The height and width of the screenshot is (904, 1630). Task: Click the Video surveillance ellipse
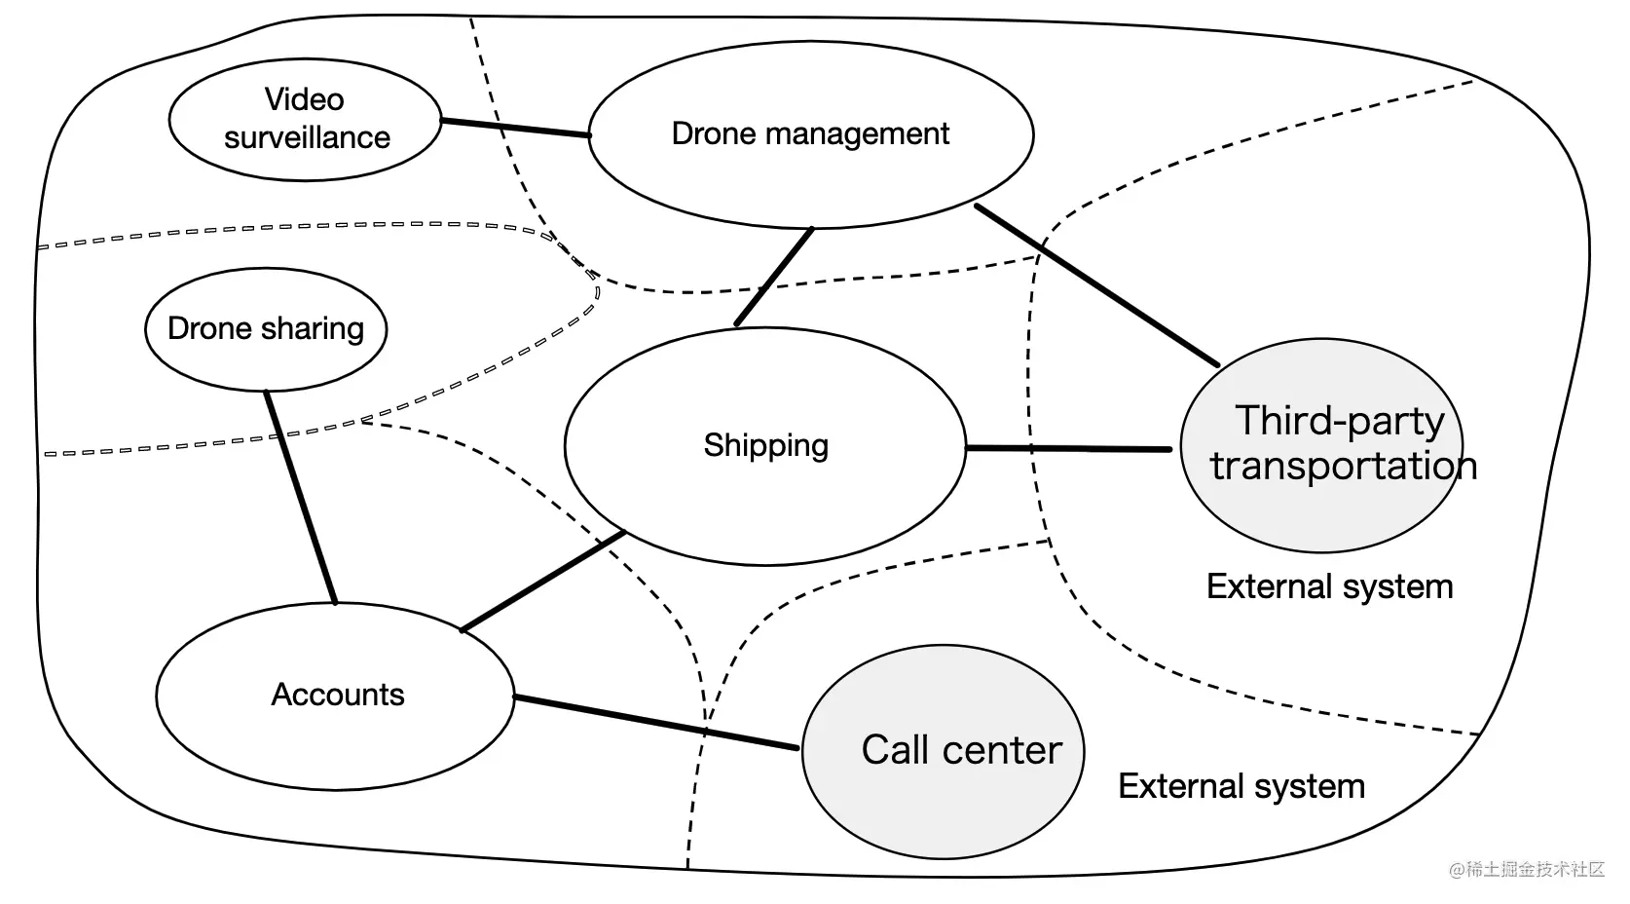305,120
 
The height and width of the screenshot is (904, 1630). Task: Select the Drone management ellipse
811,134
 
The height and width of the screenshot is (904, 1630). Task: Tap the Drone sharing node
266,329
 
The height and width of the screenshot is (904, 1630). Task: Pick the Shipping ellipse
765,446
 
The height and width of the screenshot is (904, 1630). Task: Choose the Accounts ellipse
336,697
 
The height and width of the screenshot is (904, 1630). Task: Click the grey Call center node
944,752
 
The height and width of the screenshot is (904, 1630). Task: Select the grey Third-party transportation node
1321,445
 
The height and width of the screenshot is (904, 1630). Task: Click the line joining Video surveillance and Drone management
515,129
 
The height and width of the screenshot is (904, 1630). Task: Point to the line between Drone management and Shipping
774,277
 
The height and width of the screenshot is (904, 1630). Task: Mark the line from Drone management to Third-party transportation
1097,285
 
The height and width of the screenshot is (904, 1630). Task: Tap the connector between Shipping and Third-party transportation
1069,448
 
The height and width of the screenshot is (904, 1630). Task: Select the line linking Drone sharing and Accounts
301,498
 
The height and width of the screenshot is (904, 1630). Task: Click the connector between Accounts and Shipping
543,581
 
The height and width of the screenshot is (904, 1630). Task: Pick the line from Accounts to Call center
656,722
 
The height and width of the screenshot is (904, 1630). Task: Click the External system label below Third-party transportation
1329,586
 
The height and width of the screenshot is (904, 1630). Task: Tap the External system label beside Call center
1241,786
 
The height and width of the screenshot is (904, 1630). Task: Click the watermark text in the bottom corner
1527,869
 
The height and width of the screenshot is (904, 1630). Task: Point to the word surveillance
307,137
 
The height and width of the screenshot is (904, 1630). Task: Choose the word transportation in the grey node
1344,466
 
